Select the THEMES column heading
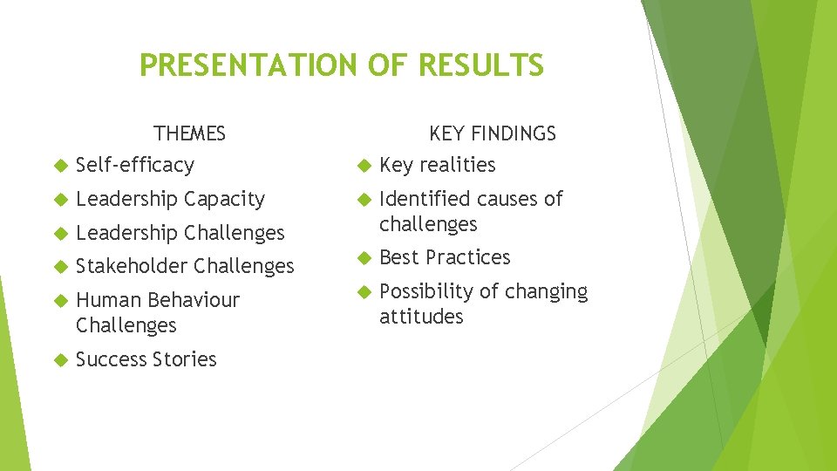[189, 133]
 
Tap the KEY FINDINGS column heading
[492, 133]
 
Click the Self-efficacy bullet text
[135, 165]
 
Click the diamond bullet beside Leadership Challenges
[60, 233]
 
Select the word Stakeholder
[132, 266]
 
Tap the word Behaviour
[199, 300]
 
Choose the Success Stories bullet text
[146, 359]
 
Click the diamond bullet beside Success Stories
[60, 359]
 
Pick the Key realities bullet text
[437, 165]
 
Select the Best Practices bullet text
[445, 257]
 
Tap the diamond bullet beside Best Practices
[364, 258]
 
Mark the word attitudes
[421, 317]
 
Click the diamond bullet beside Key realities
[364, 166]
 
